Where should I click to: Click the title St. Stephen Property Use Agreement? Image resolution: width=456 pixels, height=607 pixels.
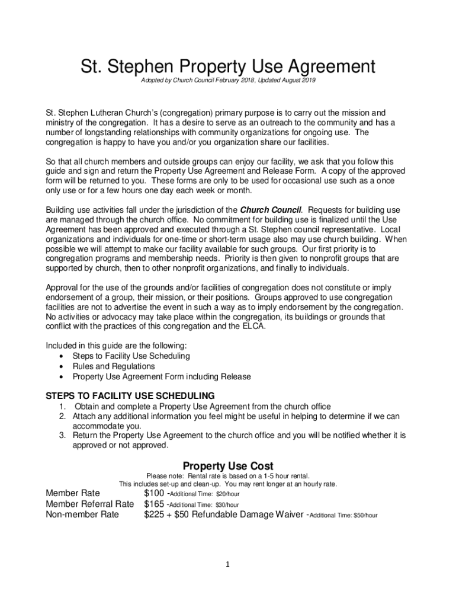[x=228, y=66]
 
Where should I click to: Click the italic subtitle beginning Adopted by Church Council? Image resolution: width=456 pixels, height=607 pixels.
[x=228, y=79]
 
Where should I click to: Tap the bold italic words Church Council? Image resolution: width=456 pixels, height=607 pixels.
[x=271, y=210]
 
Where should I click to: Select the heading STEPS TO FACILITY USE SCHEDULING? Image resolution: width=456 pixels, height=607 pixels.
[x=130, y=396]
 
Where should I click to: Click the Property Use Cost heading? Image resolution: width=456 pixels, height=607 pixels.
[x=228, y=466]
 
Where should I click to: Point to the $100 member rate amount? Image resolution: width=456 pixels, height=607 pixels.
[x=154, y=493]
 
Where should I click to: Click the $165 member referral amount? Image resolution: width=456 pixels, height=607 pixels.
[x=154, y=504]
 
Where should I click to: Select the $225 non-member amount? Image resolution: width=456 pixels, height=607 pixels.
[x=154, y=515]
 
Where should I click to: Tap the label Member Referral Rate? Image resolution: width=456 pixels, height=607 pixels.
[x=90, y=504]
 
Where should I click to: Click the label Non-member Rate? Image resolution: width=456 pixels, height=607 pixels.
[x=82, y=515]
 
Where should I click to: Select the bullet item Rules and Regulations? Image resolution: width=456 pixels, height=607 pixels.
[x=113, y=366]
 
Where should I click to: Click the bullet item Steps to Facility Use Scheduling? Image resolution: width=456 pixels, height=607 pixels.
[x=131, y=356]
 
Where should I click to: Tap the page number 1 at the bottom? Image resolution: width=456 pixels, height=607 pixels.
[x=228, y=564]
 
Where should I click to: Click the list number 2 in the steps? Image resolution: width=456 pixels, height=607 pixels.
[x=62, y=416]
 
